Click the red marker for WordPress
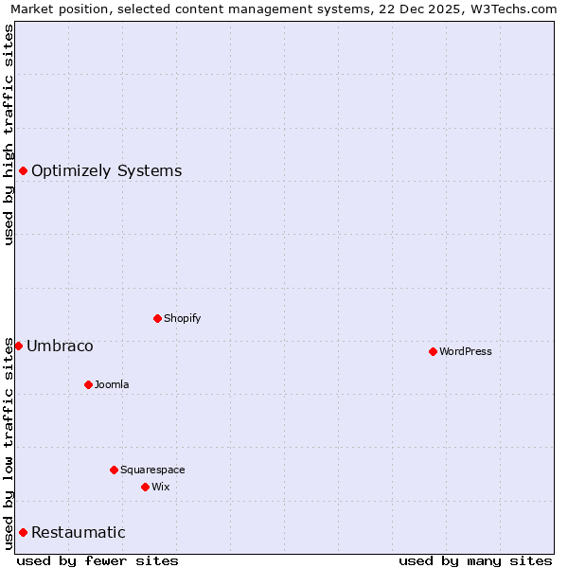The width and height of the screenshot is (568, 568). (x=433, y=351)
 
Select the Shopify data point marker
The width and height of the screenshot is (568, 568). (x=157, y=318)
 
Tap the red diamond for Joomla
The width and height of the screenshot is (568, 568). (x=88, y=384)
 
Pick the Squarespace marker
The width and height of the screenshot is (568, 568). (x=114, y=470)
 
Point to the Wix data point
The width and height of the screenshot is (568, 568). (x=145, y=487)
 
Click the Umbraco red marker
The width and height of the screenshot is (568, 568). (x=18, y=346)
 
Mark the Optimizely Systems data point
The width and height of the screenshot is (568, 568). (x=23, y=170)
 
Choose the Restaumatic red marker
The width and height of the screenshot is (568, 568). (x=23, y=532)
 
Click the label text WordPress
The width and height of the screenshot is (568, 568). (x=466, y=351)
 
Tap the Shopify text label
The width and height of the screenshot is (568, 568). (x=183, y=318)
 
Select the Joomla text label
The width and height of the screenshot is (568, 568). (x=112, y=384)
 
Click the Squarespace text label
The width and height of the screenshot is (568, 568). (x=152, y=470)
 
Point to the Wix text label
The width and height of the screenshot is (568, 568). (x=161, y=487)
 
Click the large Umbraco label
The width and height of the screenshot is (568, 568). (x=60, y=346)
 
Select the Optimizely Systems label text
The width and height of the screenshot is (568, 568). (x=106, y=170)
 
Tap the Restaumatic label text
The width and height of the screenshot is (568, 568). (x=78, y=532)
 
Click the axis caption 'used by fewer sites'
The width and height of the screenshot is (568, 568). (x=98, y=560)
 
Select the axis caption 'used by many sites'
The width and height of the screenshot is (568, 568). (x=475, y=560)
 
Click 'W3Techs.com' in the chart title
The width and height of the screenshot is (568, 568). (x=513, y=9)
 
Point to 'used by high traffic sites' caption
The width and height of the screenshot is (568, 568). (x=9, y=134)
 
